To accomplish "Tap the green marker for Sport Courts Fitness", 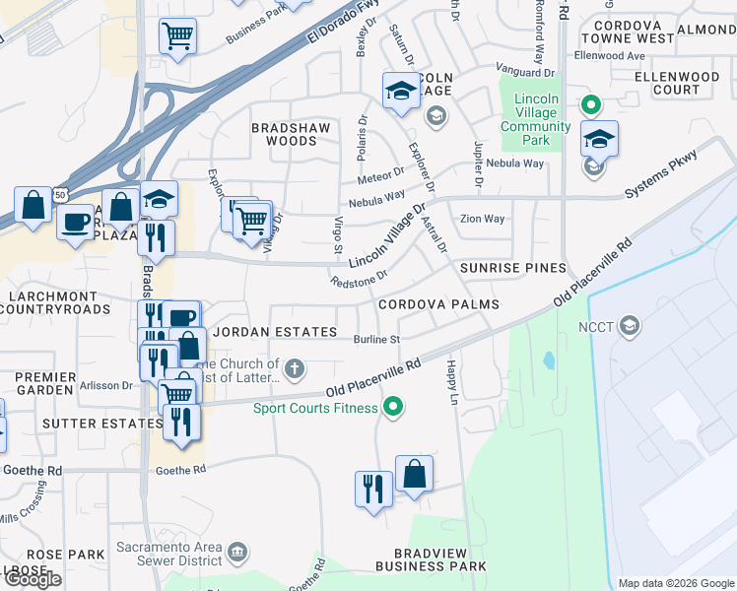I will pyautogui.click(x=393, y=406).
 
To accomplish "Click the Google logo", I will pyautogui.click(x=32, y=579).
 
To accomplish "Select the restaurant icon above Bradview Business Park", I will pyautogui.click(x=373, y=489).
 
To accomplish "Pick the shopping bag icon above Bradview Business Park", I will pyautogui.click(x=414, y=474).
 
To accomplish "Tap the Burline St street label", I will pyautogui.click(x=376, y=340).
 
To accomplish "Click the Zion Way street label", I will pyautogui.click(x=482, y=219).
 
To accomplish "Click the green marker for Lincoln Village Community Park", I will pyautogui.click(x=590, y=103).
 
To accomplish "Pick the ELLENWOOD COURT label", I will pyautogui.click(x=677, y=83).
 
